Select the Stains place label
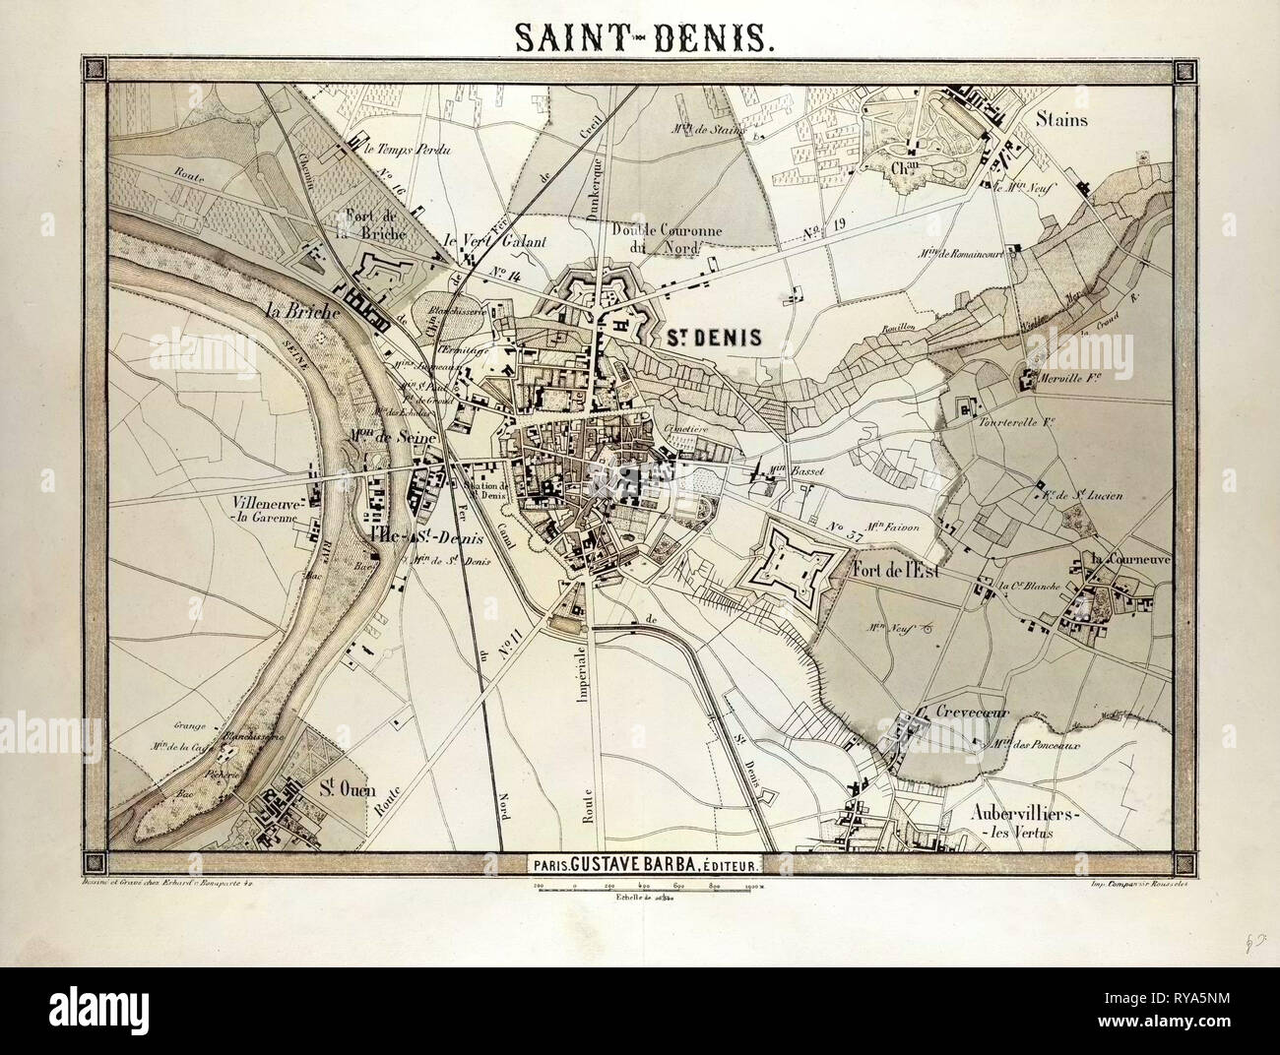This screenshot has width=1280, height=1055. click(1060, 120)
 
